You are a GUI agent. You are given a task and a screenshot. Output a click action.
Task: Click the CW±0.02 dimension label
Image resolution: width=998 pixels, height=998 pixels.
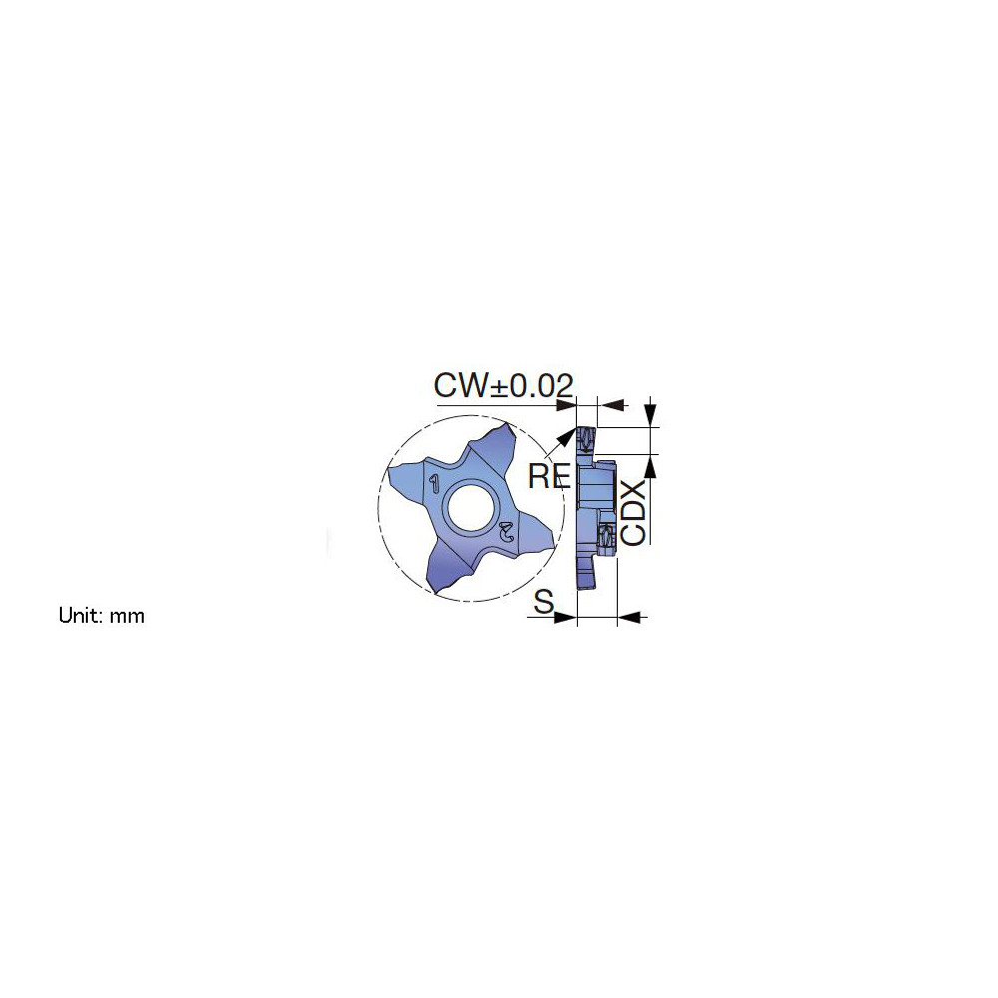504,385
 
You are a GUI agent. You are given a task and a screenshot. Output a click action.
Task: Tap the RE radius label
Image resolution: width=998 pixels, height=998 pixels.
548,475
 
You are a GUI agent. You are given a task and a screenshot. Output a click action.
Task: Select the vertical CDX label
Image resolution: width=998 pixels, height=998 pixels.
634,512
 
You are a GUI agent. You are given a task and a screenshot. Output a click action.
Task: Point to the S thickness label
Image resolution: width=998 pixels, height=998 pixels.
544,601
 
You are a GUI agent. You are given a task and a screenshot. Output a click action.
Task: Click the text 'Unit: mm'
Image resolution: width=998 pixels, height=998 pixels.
101,616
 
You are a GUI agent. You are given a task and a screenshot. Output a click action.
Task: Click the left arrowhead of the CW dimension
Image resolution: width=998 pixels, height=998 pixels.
566,404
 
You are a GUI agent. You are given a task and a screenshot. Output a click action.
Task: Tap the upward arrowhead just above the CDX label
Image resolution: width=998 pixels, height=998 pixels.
652,465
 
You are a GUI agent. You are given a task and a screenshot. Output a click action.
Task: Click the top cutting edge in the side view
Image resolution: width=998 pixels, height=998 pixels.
587,435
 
